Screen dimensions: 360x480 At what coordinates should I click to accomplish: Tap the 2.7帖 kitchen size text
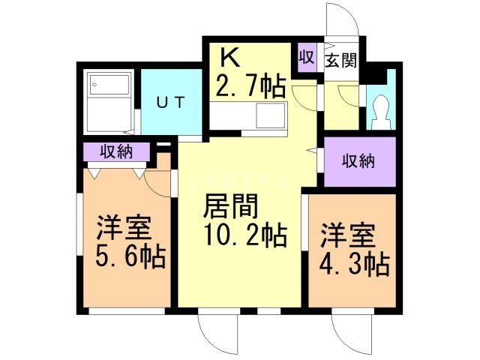250,87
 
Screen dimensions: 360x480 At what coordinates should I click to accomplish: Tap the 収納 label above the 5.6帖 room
114,151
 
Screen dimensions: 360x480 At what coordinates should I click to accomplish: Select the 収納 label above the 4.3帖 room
358,160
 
